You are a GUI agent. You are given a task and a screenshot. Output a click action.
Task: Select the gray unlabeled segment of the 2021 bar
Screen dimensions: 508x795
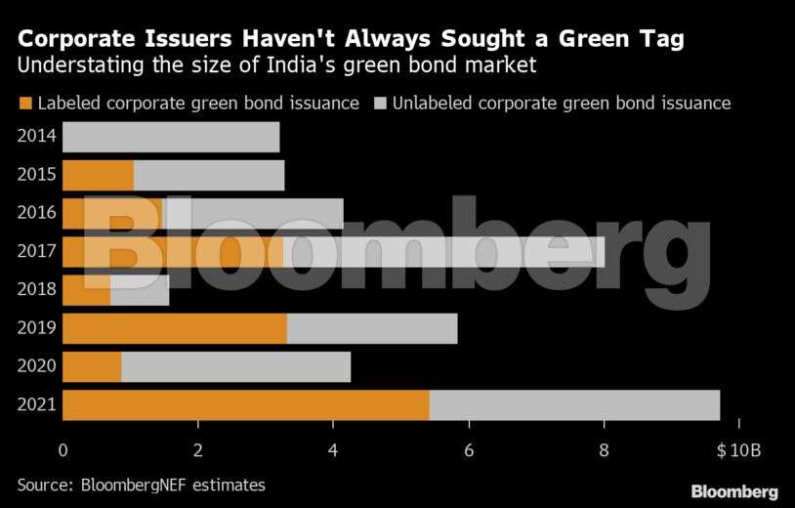click(x=574, y=404)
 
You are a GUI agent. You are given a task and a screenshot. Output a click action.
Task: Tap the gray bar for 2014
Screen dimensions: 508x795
click(x=171, y=138)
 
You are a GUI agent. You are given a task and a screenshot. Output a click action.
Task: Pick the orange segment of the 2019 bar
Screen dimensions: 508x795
click(x=175, y=328)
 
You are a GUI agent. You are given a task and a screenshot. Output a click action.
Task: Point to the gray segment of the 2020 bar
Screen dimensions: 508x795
click(x=235, y=366)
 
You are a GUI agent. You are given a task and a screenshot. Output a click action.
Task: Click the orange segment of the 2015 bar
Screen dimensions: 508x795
click(x=98, y=176)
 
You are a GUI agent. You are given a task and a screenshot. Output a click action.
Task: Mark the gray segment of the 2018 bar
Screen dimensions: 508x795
click(x=140, y=290)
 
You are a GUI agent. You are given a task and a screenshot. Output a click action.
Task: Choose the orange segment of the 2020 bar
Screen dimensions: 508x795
click(x=92, y=366)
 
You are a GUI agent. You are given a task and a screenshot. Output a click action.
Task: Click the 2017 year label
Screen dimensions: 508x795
click(x=36, y=252)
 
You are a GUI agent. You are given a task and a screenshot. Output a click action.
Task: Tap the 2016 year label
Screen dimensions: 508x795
click(x=36, y=214)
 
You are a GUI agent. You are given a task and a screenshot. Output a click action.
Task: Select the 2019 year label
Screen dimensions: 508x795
click(x=36, y=328)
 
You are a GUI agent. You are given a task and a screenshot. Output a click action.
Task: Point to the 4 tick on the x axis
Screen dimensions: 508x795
click(x=333, y=450)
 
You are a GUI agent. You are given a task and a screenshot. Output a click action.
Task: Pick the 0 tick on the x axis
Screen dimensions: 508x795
click(x=63, y=450)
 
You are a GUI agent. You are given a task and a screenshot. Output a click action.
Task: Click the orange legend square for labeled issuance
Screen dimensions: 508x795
click(x=25, y=103)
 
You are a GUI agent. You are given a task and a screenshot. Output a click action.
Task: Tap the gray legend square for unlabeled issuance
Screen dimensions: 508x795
click(x=380, y=103)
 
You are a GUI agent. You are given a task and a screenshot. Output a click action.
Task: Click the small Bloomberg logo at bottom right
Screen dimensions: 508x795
click(x=734, y=491)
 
